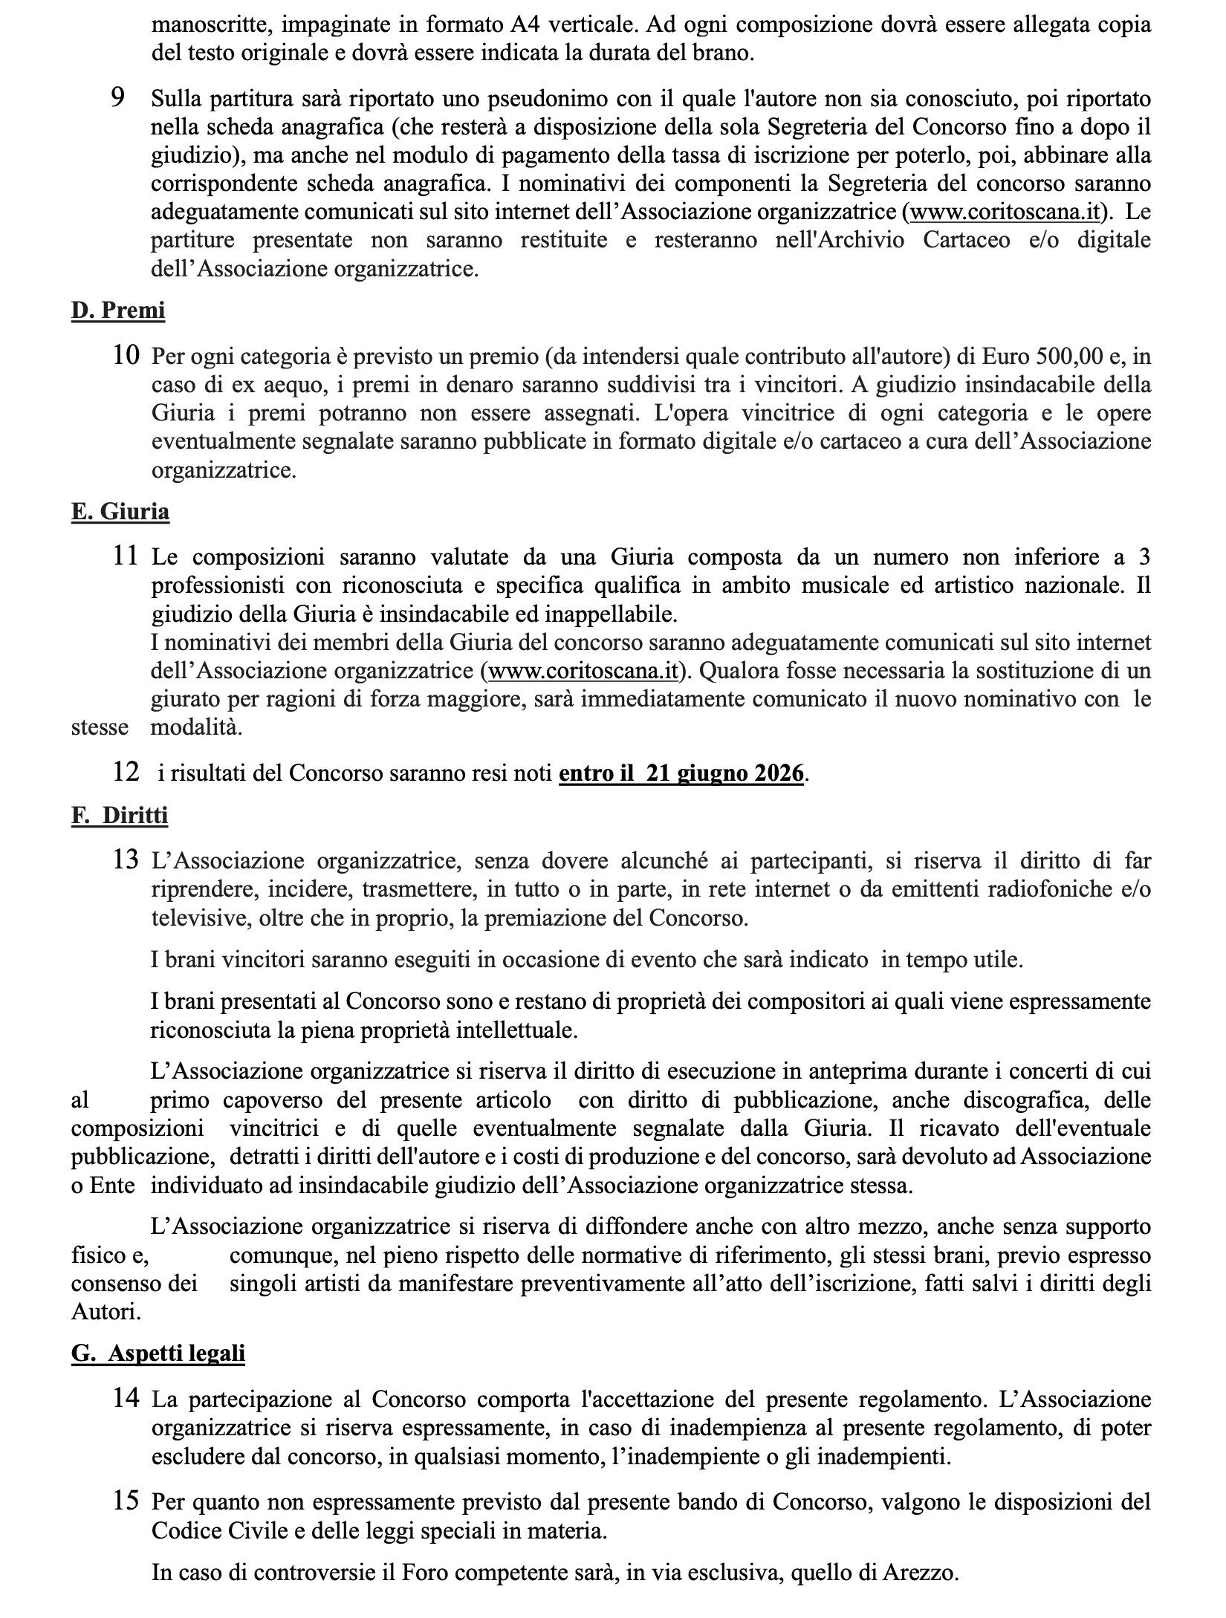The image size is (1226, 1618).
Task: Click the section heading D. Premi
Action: (118, 310)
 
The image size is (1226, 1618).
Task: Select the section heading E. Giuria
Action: (120, 512)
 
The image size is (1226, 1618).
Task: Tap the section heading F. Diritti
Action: (120, 815)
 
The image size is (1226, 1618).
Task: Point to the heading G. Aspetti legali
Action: (158, 1353)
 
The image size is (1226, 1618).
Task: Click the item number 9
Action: (117, 97)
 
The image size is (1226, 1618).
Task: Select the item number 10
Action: (126, 356)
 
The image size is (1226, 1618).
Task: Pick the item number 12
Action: (126, 772)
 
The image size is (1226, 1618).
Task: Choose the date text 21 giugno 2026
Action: (725, 773)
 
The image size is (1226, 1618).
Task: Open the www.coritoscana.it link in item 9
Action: (1005, 212)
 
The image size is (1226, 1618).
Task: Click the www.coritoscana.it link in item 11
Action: (583, 671)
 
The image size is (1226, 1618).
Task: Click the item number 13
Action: (126, 860)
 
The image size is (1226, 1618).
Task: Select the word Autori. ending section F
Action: (106, 1312)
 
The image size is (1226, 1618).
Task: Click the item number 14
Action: (126, 1397)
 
